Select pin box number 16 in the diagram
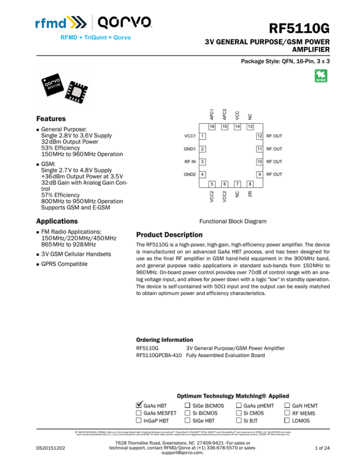tap(212, 127)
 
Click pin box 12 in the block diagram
tap(258, 135)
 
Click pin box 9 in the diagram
tap(258, 174)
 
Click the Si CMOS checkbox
tap(239, 413)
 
